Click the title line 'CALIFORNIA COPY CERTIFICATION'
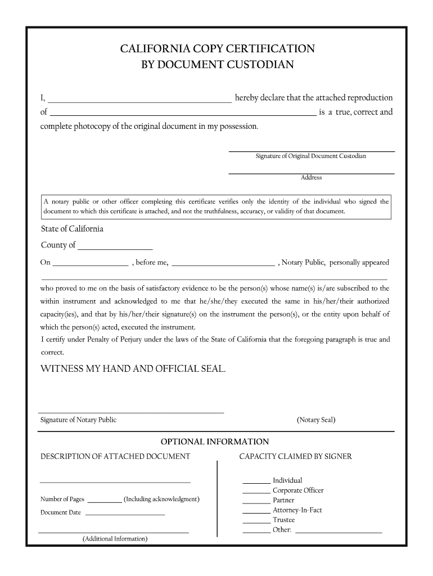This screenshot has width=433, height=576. click(x=217, y=49)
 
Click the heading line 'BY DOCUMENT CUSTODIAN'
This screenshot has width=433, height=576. click(x=217, y=65)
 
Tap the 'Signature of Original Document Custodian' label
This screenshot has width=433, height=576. click(x=310, y=156)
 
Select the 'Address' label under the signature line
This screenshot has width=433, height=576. click(x=311, y=178)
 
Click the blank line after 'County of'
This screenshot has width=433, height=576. click(x=115, y=246)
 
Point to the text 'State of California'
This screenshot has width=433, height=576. click(x=72, y=229)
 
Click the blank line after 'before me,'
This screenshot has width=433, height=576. click(x=223, y=263)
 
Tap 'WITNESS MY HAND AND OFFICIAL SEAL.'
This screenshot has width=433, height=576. click(x=133, y=369)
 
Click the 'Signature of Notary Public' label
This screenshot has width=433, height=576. click(x=78, y=420)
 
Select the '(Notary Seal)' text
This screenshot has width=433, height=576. click(x=316, y=420)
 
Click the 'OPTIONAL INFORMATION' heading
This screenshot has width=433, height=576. click(x=215, y=442)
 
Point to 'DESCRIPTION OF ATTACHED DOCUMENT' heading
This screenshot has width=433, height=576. click(x=115, y=457)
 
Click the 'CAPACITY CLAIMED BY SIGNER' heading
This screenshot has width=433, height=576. click(x=295, y=457)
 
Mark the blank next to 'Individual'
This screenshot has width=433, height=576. click(x=256, y=481)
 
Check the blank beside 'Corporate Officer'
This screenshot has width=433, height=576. click(x=256, y=491)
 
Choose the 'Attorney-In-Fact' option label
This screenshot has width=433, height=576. click(x=297, y=510)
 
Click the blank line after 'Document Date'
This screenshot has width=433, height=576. click(x=125, y=513)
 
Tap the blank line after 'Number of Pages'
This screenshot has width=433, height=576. click(x=105, y=499)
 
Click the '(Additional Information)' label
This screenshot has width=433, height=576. click(x=115, y=539)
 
